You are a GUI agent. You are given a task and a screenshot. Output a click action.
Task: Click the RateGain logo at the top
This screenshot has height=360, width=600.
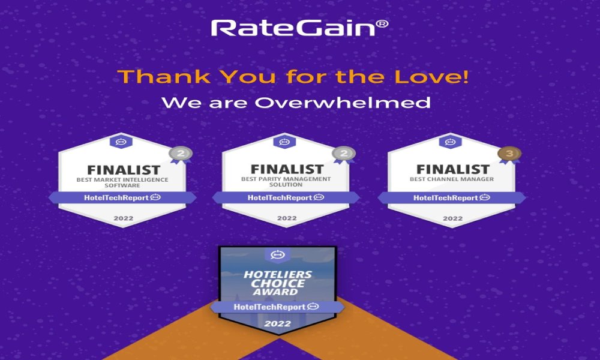(299, 28)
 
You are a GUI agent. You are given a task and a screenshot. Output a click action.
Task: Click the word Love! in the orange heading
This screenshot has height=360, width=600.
(431, 77)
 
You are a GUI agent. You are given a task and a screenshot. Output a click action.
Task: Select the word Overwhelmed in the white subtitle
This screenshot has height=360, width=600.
(343, 103)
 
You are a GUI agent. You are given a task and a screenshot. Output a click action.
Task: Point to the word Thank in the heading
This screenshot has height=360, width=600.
(164, 77)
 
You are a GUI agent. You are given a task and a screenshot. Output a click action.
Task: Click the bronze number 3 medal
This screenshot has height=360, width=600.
(509, 154)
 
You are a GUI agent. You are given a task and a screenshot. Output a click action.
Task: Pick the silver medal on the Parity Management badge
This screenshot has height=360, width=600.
(344, 154)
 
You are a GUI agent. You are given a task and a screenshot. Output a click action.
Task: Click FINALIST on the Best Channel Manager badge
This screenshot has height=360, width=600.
(452, 169)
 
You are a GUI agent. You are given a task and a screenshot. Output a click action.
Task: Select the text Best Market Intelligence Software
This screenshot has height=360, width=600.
(122, 182)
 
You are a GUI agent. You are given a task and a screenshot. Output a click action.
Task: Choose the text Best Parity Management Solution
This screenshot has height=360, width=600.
(286, 182)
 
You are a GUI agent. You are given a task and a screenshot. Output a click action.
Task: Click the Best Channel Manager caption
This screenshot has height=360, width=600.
(452, 179)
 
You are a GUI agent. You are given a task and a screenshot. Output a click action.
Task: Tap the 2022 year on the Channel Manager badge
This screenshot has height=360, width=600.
(452, 218)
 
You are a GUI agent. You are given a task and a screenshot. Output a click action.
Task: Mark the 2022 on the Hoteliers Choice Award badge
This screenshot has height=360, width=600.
(277, 323)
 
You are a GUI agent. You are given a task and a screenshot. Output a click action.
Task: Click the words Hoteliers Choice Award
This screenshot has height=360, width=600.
(278, 283)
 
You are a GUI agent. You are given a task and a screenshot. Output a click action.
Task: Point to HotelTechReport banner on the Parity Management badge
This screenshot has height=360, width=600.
(286, 198)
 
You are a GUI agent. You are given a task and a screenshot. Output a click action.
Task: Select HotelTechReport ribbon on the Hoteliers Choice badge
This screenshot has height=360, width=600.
(277, 307)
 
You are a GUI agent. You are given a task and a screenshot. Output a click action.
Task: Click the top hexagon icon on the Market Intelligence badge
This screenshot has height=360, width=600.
(121, 142)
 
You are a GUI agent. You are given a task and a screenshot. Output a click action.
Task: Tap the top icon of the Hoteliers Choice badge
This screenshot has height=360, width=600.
(278, 254)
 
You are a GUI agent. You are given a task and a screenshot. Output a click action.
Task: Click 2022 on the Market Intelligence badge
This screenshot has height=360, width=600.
(123, 218)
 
